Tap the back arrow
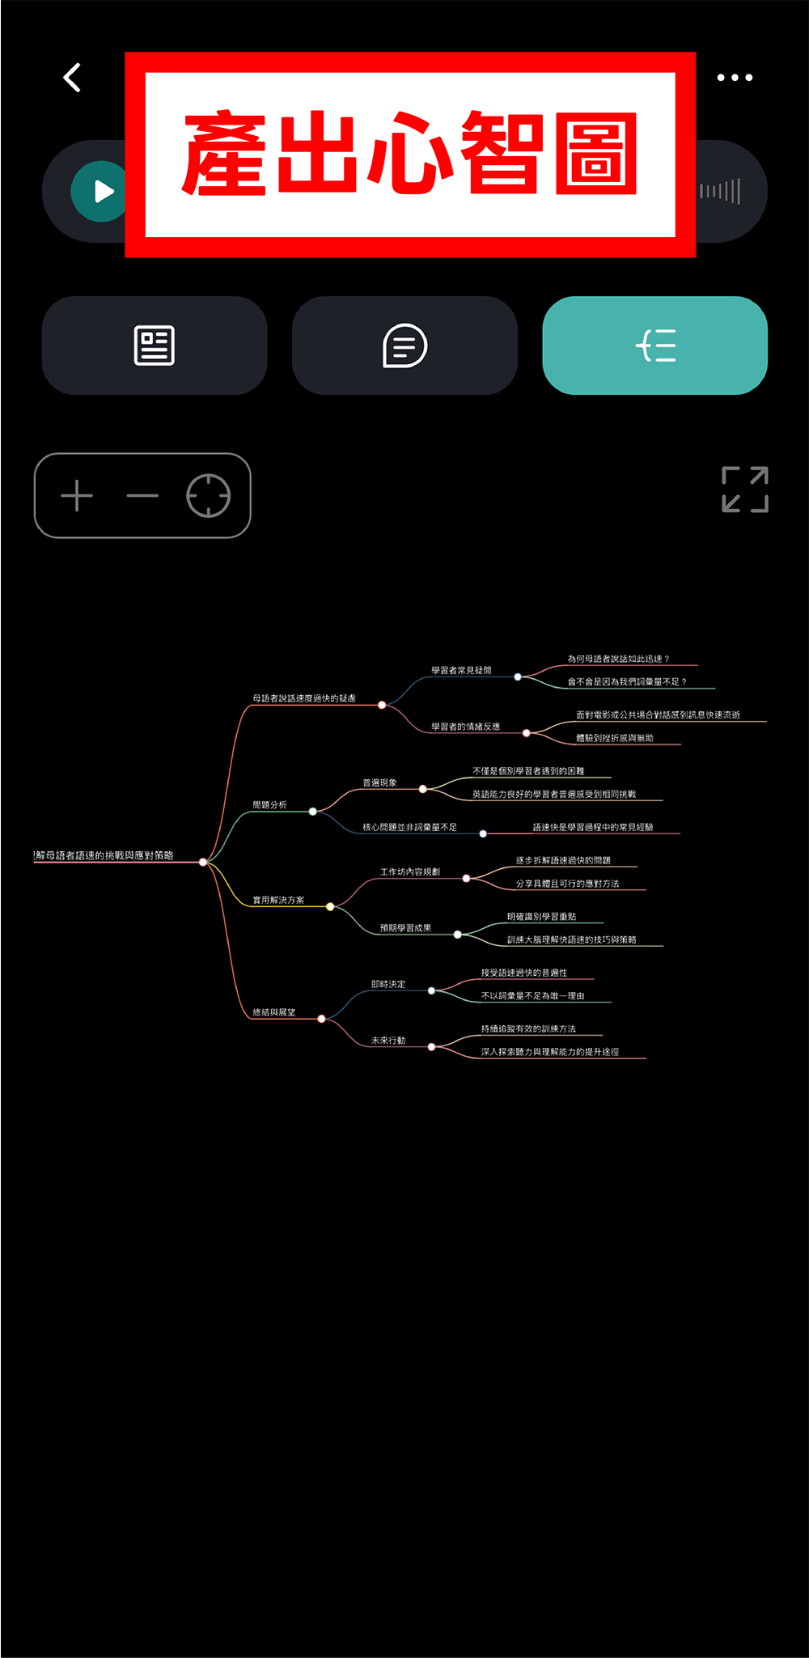click(x=73, y=78)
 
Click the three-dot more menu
click(x=735, y=78)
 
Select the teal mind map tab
click(x=654, y=346)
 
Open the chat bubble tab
click(x=404, y=346)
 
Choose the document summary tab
click(x=155, y=346)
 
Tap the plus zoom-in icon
click(x=77, y=495)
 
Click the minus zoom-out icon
click(x=142, y=495)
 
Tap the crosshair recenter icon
click(x=208, y=495)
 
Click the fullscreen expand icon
click(x=744, y=490)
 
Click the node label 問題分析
click(x=269, y=805)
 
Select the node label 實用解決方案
click(x=278, y=900)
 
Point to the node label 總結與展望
click(x=274, y=1012)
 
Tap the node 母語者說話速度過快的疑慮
click(x=304, y=698)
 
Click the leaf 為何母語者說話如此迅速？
click(x=618, y=659)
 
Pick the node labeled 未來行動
click(x=388, y=1041)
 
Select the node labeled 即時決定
click(x=388, y=984)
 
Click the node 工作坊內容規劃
click(x=410, y=871)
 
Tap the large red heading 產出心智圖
click(x=410, y=154)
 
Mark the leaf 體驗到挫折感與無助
click(x=615, y=738)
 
